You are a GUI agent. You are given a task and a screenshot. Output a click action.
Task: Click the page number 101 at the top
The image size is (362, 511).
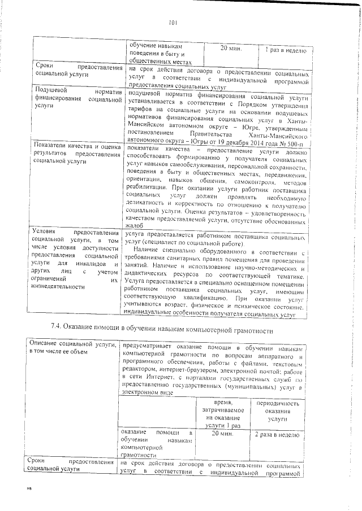click(174, 23)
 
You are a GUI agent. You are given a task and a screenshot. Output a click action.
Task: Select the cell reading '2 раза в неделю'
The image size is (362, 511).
click(281, 435)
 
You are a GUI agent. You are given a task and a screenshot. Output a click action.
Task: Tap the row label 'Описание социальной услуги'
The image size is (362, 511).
click(72, 344)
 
